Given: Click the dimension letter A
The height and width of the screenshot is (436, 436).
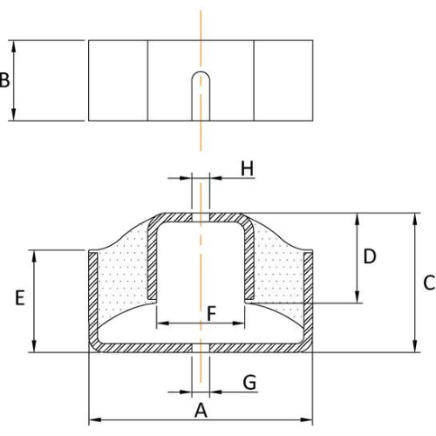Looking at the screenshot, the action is coord(201,411).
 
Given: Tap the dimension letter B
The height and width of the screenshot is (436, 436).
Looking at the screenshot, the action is coord(4,80).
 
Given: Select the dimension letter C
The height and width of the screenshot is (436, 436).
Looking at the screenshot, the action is coord(429,283).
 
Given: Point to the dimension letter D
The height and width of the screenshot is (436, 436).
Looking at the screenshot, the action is coord(370,256).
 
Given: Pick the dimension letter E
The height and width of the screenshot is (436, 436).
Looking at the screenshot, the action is coord(20,297).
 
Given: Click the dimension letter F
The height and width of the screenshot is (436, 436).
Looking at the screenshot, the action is coord(212,314).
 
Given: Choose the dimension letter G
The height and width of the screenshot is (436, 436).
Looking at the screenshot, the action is coord(249,382).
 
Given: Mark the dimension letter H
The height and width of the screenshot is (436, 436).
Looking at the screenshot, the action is coord(247,168).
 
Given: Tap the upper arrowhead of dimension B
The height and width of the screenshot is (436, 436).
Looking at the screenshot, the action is coord(13,46).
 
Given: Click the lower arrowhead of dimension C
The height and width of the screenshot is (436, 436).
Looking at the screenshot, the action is coord(415,346).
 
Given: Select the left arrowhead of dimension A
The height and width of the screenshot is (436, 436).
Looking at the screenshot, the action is coord(95,419).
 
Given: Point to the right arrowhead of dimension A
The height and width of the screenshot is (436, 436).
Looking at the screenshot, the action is coord(306,419).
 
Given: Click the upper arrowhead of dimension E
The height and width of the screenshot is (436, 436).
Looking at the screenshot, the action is coord(34,256).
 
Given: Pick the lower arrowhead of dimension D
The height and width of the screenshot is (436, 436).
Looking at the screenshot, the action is coord(358,297).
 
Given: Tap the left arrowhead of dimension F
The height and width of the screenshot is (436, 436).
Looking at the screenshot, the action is coord(163,323).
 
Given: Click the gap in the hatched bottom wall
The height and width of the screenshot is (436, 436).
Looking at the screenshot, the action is coord(201,348).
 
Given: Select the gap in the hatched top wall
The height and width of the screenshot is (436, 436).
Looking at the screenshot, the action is coord(201,217).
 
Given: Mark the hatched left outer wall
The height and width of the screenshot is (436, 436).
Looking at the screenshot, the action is coord(93,299).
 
